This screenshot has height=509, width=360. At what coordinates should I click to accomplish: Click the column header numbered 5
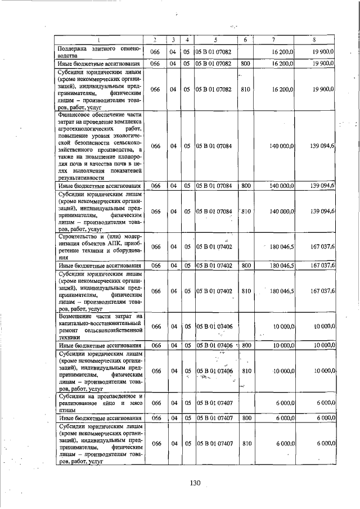[216, 40]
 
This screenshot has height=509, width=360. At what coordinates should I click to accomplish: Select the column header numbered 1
[99, 40]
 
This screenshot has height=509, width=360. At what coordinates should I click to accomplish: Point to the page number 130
[195, 483]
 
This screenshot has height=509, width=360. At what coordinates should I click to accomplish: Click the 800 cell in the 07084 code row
[245, 185]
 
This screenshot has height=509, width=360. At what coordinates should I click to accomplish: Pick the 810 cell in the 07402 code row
[245, 291]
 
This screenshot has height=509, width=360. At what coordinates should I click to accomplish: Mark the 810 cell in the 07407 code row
[245, 443]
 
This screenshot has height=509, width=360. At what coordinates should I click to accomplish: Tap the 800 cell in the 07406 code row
[245, 345]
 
